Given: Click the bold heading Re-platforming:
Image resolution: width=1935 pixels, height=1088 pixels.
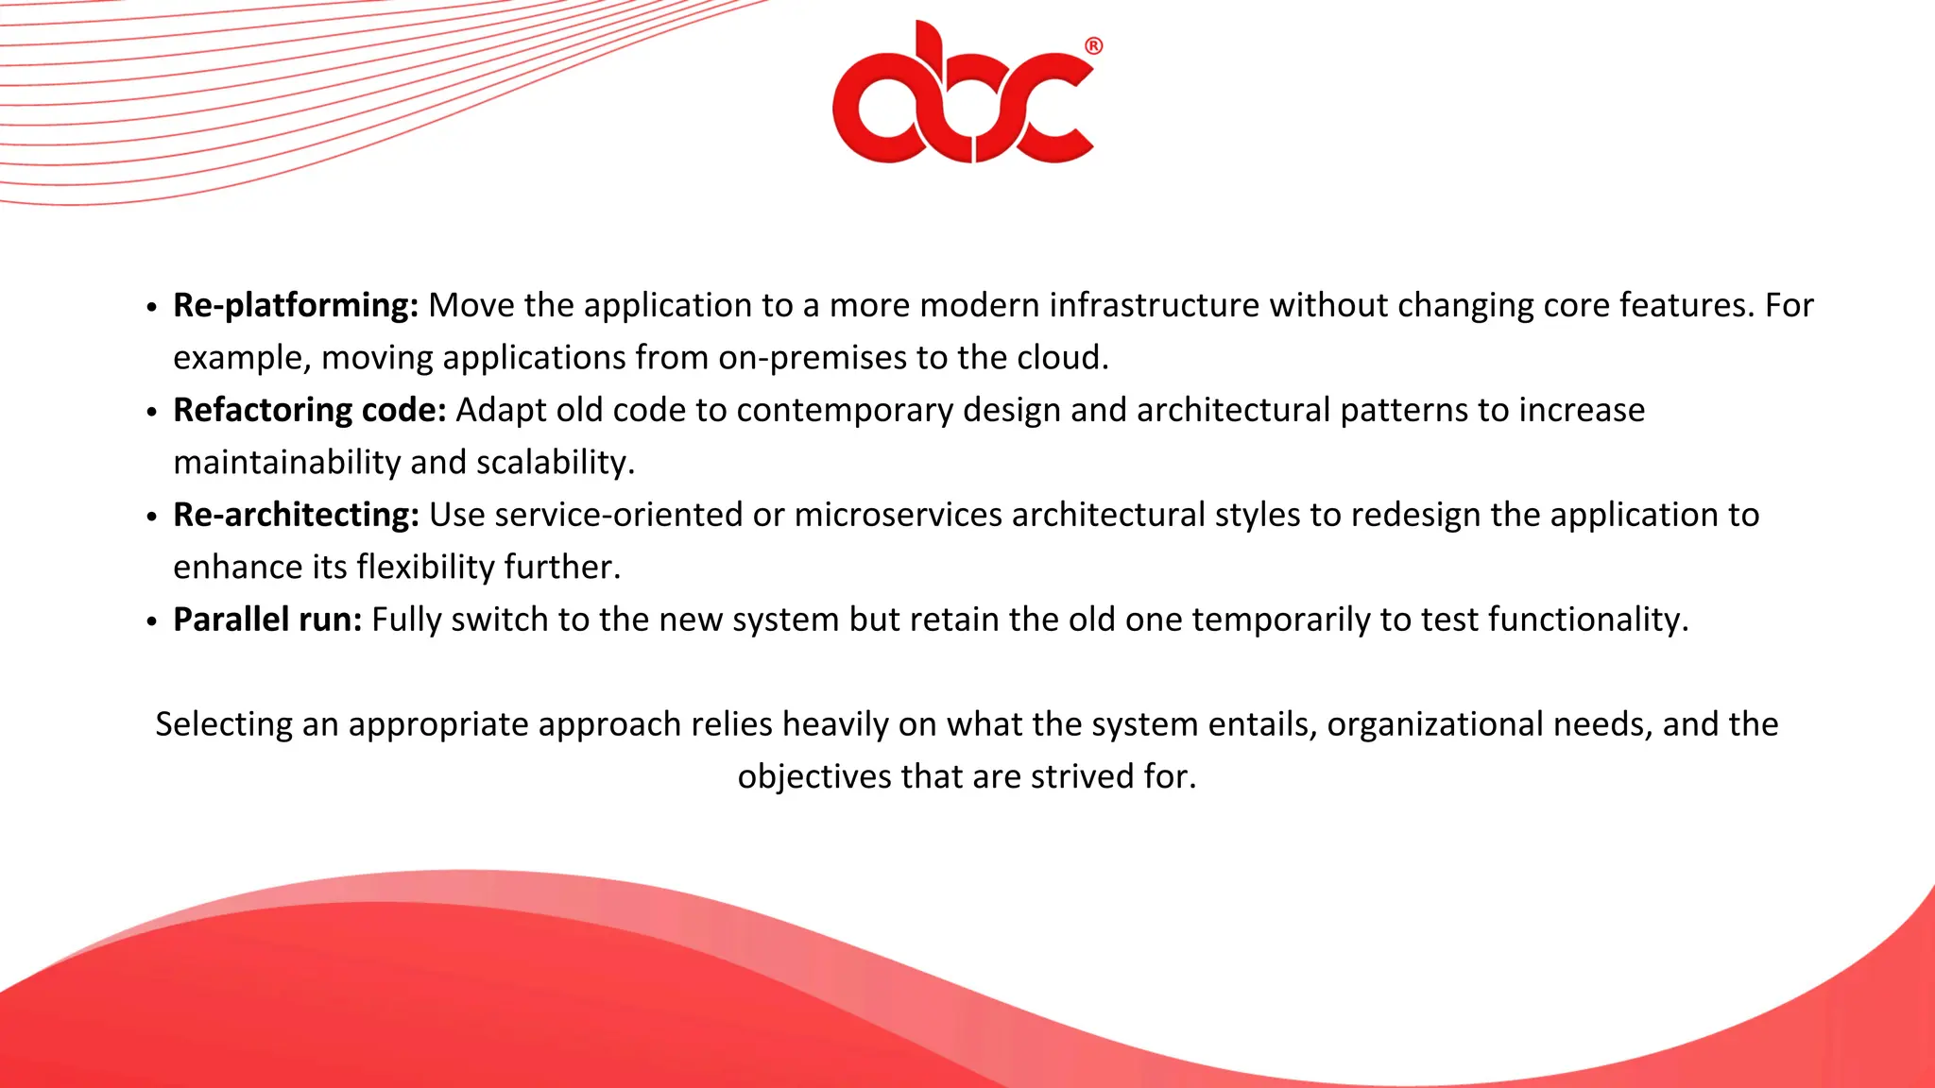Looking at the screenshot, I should tap(295, 306).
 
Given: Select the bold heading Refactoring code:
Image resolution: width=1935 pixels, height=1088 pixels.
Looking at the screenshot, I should tap(309, 411).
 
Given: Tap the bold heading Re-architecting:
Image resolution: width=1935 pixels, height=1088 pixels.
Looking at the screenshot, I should tap(295, 516).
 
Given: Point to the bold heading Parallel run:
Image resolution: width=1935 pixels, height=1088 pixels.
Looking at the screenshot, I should tap(266, 620).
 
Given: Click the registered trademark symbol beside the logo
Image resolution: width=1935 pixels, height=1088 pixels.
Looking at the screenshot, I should tap(1093, 46).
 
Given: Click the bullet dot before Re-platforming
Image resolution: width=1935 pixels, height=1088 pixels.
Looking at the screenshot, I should tap(152, 308).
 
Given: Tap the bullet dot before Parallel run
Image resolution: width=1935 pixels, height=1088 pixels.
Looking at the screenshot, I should tap(152, 622).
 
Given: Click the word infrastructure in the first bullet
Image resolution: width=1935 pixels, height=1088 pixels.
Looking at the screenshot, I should tap(1154, 306).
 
